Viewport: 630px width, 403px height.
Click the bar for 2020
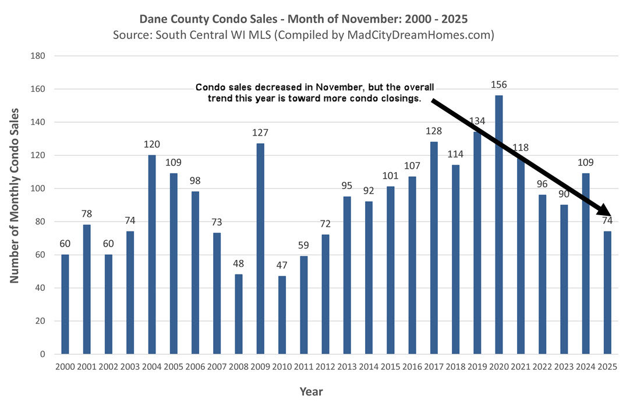(499, 224)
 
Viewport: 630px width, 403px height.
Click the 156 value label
(499, 84)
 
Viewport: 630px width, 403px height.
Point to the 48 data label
(238, 263)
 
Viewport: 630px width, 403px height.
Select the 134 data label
(477, 120)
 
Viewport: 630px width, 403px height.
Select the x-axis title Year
(311, 391)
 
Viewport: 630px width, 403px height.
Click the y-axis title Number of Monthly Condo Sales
(14, 195)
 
